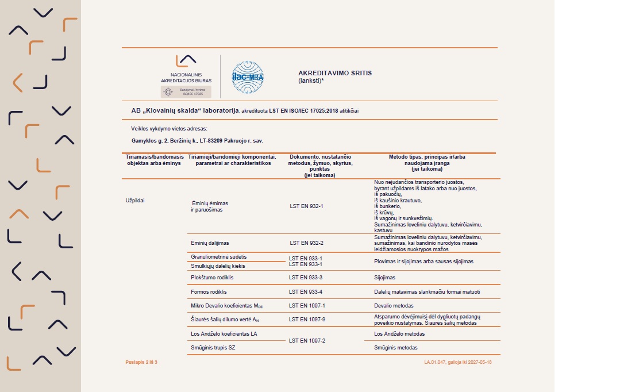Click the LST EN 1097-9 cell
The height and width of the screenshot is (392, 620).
[307, 320]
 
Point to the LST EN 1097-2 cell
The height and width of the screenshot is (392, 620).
[307, 341]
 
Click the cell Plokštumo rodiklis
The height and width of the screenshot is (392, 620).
[212, 278]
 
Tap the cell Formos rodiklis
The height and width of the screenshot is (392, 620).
[209, 292]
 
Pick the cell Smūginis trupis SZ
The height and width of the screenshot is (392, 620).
[213, 348]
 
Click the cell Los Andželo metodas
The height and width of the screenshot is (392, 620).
[399, 333]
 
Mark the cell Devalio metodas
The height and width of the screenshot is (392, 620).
[394, 306]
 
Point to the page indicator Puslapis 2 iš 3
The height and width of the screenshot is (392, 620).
[141, 362]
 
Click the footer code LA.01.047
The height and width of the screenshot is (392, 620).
[437, 362]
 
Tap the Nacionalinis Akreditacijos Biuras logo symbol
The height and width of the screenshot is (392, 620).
[186, 61]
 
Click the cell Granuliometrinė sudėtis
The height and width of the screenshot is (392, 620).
[218, 256]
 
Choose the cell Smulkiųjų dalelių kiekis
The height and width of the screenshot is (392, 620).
[218, 266]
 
